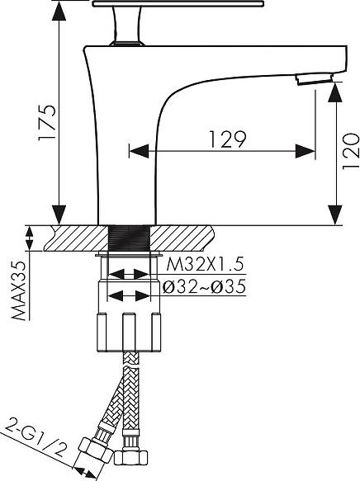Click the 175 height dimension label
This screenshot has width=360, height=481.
[x=47, y=122]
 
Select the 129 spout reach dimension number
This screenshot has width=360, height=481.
[x=228, y=139]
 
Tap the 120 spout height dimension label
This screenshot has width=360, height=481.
[x=350, y=151]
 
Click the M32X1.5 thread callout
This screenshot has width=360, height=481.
[x=205, y=264]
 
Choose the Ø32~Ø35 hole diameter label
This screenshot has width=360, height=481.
[x=204, y=286]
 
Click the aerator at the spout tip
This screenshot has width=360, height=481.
[x=315, y=78]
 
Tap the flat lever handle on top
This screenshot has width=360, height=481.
[x=178, y=3]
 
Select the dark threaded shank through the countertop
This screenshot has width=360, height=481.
[x=130, y=238]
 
